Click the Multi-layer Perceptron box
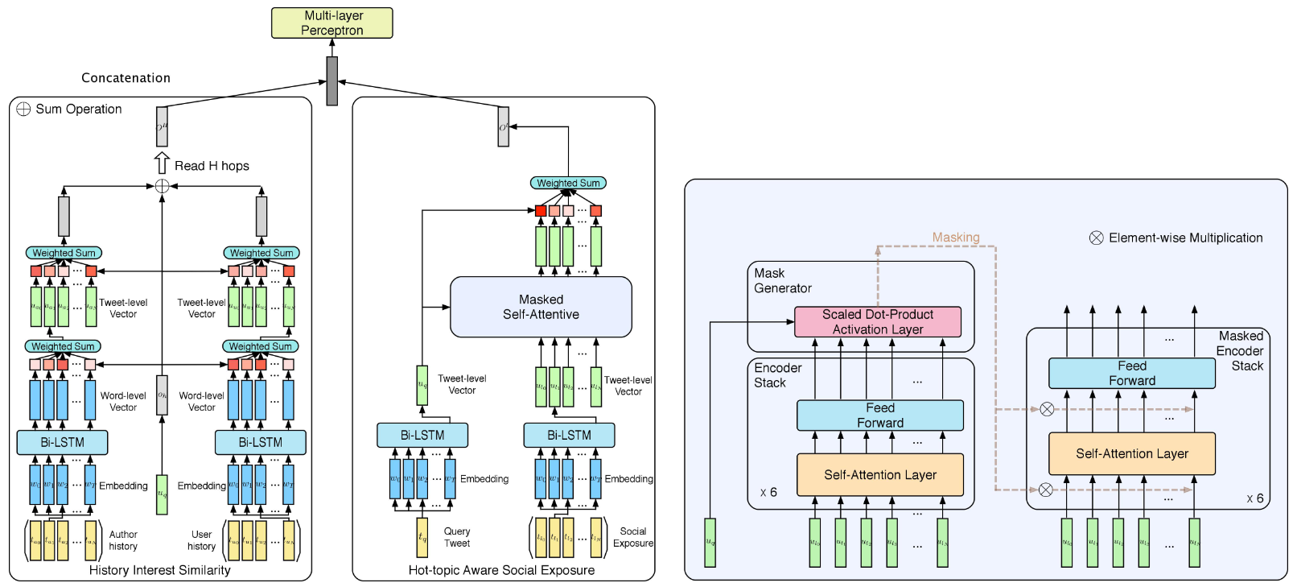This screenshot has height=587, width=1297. pyautogui.click(x=331, y=23)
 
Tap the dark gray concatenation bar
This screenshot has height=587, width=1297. pyautogui.click(x=331, y=81)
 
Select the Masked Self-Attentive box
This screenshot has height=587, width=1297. pyautogui.click(x=541, y=307)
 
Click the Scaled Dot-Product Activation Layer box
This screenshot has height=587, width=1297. pyautogui.click(x=878, y=322)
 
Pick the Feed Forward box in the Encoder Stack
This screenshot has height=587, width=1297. pyautogui.click(x=879, y=415)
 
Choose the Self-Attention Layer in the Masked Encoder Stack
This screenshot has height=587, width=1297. pyautogui.click(x=1131, y=454)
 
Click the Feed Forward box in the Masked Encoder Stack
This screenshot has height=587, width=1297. pyautogui.click(x=1131, y=374)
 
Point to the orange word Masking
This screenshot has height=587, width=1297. pyautogui.click(x=956, y=238)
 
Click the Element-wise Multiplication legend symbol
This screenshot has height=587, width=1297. pyautogui.click(x=1096, y=238)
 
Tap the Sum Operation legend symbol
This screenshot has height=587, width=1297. pyautogui.click(x=23, y=110)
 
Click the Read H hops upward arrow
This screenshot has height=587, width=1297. pyautogui.click(x=162, y=163)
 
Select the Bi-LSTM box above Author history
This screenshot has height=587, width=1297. pyautogui.click(x=62, y=442)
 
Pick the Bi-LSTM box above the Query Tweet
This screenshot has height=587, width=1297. pyautogui.click(x=422, y=436)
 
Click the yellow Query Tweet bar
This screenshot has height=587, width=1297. pyautogui.click(x=422, y=538)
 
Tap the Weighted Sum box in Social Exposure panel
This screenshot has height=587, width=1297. pyautogui.click(x=568, y=184)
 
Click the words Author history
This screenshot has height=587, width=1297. pyautogui.click(x=123, y=540)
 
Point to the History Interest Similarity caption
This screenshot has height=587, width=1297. pyautogui.click(x=159, y=570)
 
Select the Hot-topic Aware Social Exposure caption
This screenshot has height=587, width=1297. pyautogui.click(x=501, y=570)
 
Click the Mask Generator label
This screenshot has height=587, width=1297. pyautogui.click(x=782, y=281)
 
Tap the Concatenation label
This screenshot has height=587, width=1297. pyautogui.click(x=126, y=78)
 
